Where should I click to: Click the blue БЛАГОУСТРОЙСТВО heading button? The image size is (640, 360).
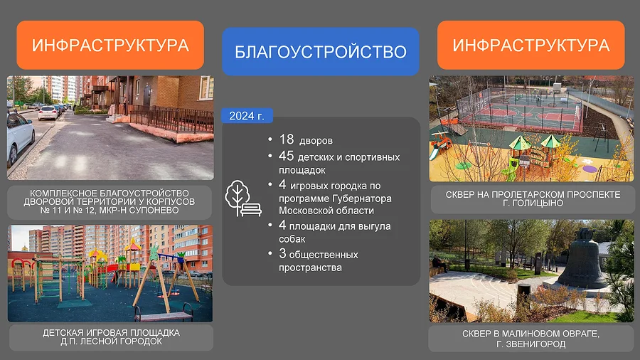321,51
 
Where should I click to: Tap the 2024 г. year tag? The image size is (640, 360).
247,116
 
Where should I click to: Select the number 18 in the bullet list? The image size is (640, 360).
286,139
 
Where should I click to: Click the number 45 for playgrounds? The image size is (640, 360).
286,156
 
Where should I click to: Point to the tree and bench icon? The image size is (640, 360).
243,198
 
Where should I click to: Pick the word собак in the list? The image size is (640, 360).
292,239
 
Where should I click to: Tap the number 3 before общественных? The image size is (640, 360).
282,253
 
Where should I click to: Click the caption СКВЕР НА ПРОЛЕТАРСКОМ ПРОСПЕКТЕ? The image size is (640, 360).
533,195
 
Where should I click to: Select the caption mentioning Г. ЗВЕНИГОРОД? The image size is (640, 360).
530,339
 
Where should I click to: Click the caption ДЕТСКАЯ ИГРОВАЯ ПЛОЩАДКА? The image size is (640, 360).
111,333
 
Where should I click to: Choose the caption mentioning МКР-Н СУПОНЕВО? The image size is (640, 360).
110,201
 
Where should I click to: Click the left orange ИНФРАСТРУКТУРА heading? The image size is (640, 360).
110,45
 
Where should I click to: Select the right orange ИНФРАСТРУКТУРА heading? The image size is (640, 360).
531,45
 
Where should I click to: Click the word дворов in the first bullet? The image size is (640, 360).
316,141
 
